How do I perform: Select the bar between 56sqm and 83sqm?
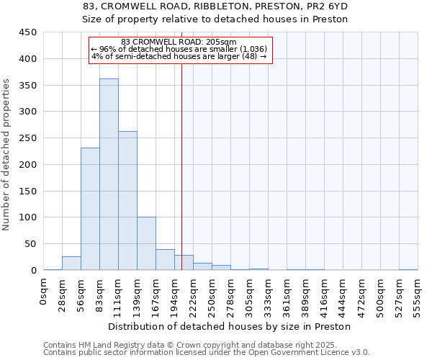point(90,209)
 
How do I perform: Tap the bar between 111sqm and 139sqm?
point(127,201)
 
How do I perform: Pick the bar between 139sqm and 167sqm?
point(146,243)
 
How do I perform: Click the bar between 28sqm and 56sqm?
point(71,264)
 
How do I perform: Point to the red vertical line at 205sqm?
point(181,166)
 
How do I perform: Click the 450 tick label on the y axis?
point(28,32)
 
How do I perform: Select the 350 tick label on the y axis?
point(28,85)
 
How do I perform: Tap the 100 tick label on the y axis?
point(28,217)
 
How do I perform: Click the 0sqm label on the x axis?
point(43,292)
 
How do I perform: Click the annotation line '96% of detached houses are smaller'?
point(179,49)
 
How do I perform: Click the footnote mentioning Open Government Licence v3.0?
point(206,352)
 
